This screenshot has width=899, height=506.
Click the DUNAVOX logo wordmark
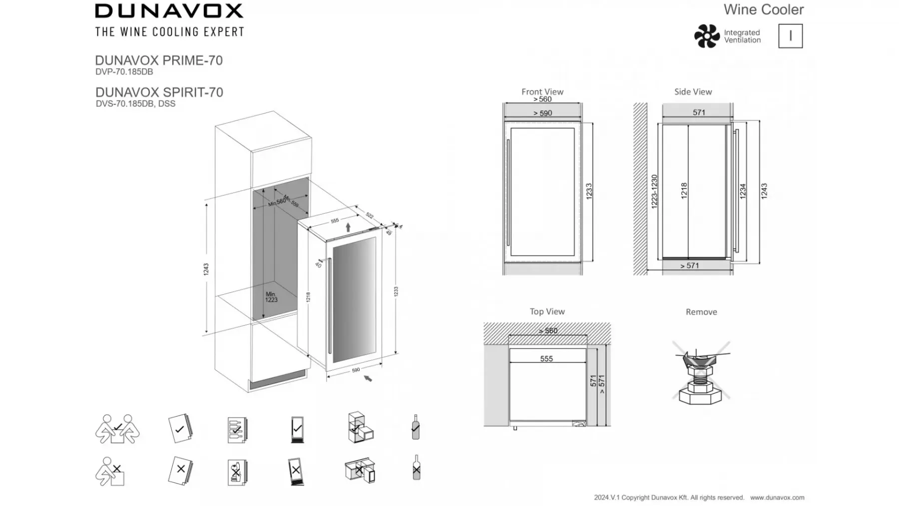coord(169,11)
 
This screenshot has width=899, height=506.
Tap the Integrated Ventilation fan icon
coord(707,36)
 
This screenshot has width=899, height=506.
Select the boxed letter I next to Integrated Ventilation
coord(790,36)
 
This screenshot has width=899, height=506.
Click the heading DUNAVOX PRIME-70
coord(159,60)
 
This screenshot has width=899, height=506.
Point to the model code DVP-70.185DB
coord(124,72)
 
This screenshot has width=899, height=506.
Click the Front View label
coord(542,92)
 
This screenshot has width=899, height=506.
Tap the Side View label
coord(693,92)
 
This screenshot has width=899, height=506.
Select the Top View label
coord(547,312)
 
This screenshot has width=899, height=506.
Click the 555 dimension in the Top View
coord(546,359)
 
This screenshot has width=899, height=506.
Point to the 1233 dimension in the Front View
coord(589,192)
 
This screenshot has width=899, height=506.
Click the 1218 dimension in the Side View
coord(684,191)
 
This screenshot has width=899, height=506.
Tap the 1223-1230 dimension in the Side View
coord(654,191)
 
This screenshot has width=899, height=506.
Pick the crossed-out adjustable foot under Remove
coord(701,373)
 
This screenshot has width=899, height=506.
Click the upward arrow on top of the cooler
coord(348,227)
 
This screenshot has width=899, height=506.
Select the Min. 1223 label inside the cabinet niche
coord(271,297)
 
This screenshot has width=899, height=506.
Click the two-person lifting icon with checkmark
coord(117,429)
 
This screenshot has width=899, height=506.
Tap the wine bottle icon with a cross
coord(417,468)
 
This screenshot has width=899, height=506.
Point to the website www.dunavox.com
coord(777,498)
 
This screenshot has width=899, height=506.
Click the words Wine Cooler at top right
coord(764,9)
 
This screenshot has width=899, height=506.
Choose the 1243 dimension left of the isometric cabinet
coord(206,269)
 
